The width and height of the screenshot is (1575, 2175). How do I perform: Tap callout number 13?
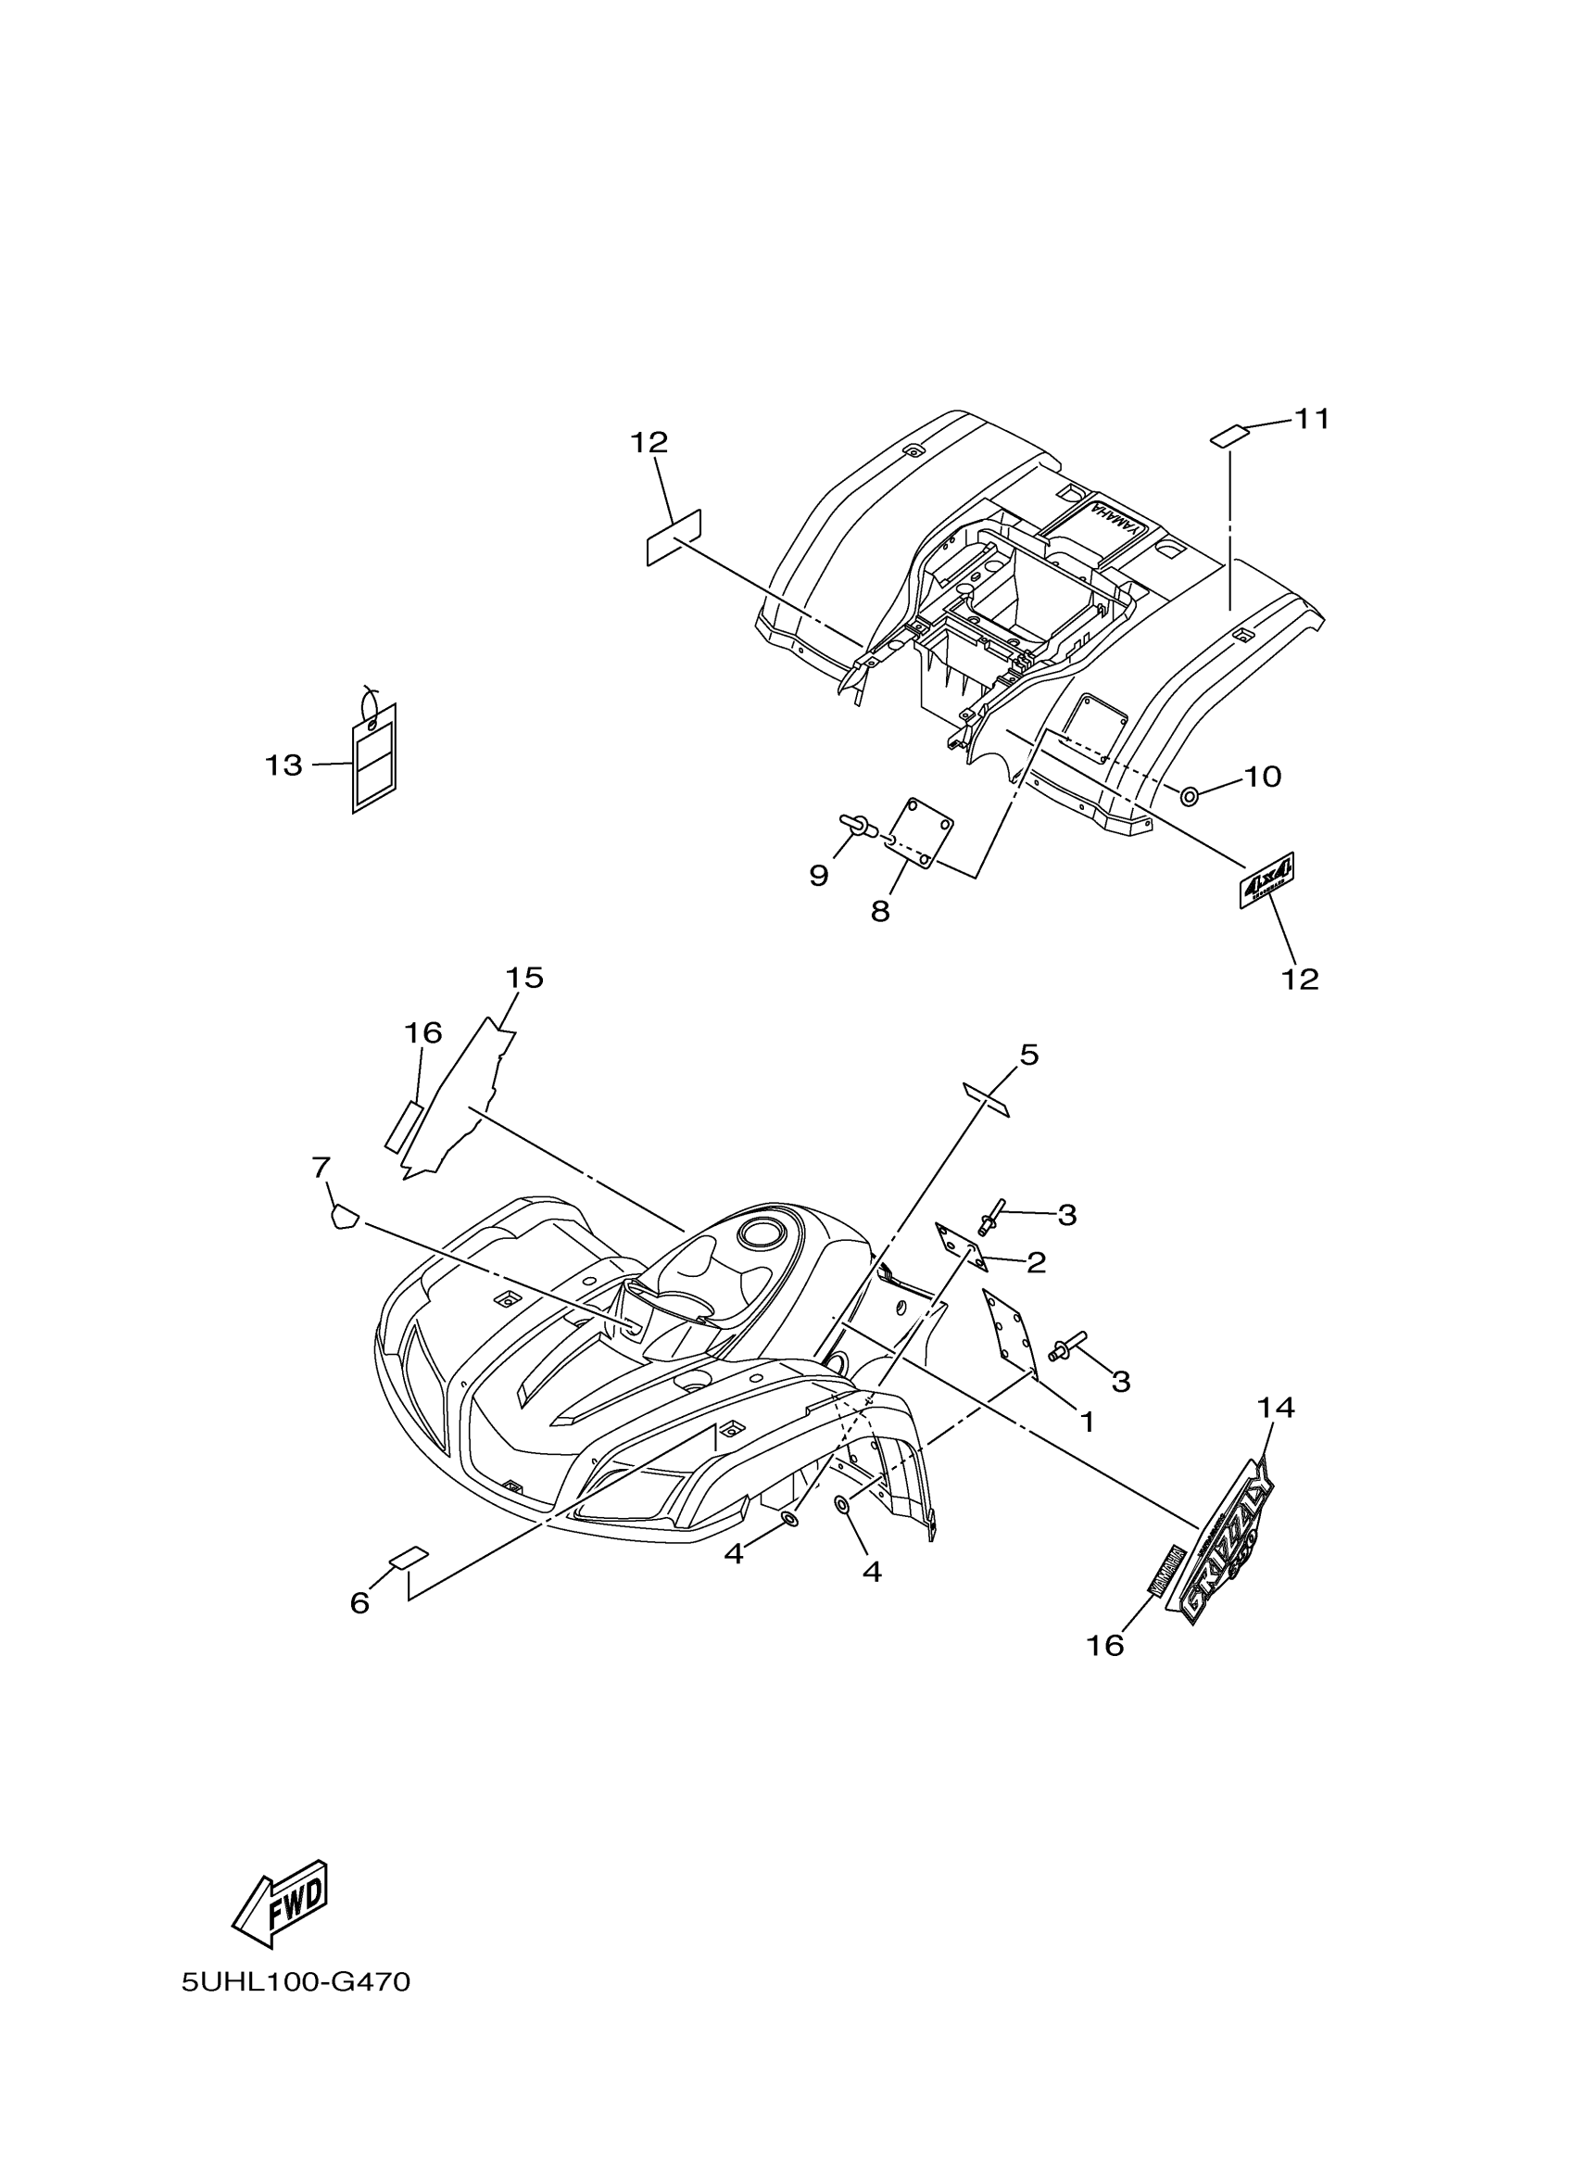[x=283, y=766]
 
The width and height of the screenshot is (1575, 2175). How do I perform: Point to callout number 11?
[x=1311, y=419]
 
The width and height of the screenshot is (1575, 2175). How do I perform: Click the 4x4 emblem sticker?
[x=1267, y=879]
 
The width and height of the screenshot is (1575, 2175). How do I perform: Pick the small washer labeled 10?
[x=1189, y=795]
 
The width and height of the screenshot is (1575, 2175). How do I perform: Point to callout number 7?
[x=321, y=1167]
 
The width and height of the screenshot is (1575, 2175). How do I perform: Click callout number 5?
[x=1028, y=1055]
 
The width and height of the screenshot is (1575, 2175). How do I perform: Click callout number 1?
[x=1086, y=1422]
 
